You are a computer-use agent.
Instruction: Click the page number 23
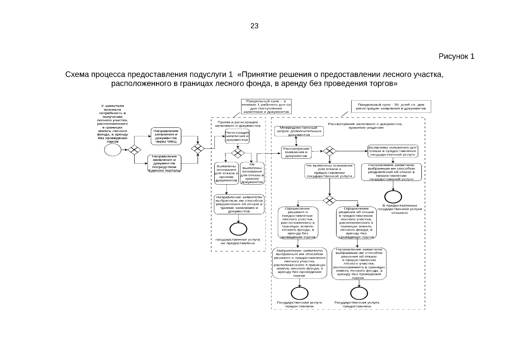click(x=254, y=26)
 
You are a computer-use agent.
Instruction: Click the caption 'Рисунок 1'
click(x=456, y=56)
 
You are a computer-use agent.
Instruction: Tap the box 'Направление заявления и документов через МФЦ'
click(x=166, y=136)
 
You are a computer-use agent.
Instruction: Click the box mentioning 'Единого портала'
click(x=164, y=163)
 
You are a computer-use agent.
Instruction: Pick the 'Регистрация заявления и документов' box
click(x=237, y=136)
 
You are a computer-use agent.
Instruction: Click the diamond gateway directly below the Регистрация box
click(x=238, y=153)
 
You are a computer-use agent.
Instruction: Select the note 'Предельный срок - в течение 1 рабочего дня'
click(x=266, y=106)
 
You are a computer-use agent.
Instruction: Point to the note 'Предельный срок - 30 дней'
click(x=391, y=106)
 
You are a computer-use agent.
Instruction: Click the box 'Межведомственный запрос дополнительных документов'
click(x=299, y=131)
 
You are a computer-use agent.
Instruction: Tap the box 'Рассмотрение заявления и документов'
click(x=296, y=152)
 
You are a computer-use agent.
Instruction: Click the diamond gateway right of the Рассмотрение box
click(x=330, y=151)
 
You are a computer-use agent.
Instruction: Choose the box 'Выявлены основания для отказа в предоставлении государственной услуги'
click(x=393, y=151)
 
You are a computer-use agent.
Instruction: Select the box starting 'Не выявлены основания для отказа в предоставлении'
click(x=330, y=171)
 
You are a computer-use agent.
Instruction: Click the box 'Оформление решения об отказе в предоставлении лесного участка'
click(x=356, y=223)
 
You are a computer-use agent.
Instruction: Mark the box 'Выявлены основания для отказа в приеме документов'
click(x=226, y=173)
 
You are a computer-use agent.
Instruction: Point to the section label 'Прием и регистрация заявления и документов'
click(x=238, y=124)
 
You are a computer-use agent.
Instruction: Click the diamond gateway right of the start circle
click(x=134, y=150)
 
